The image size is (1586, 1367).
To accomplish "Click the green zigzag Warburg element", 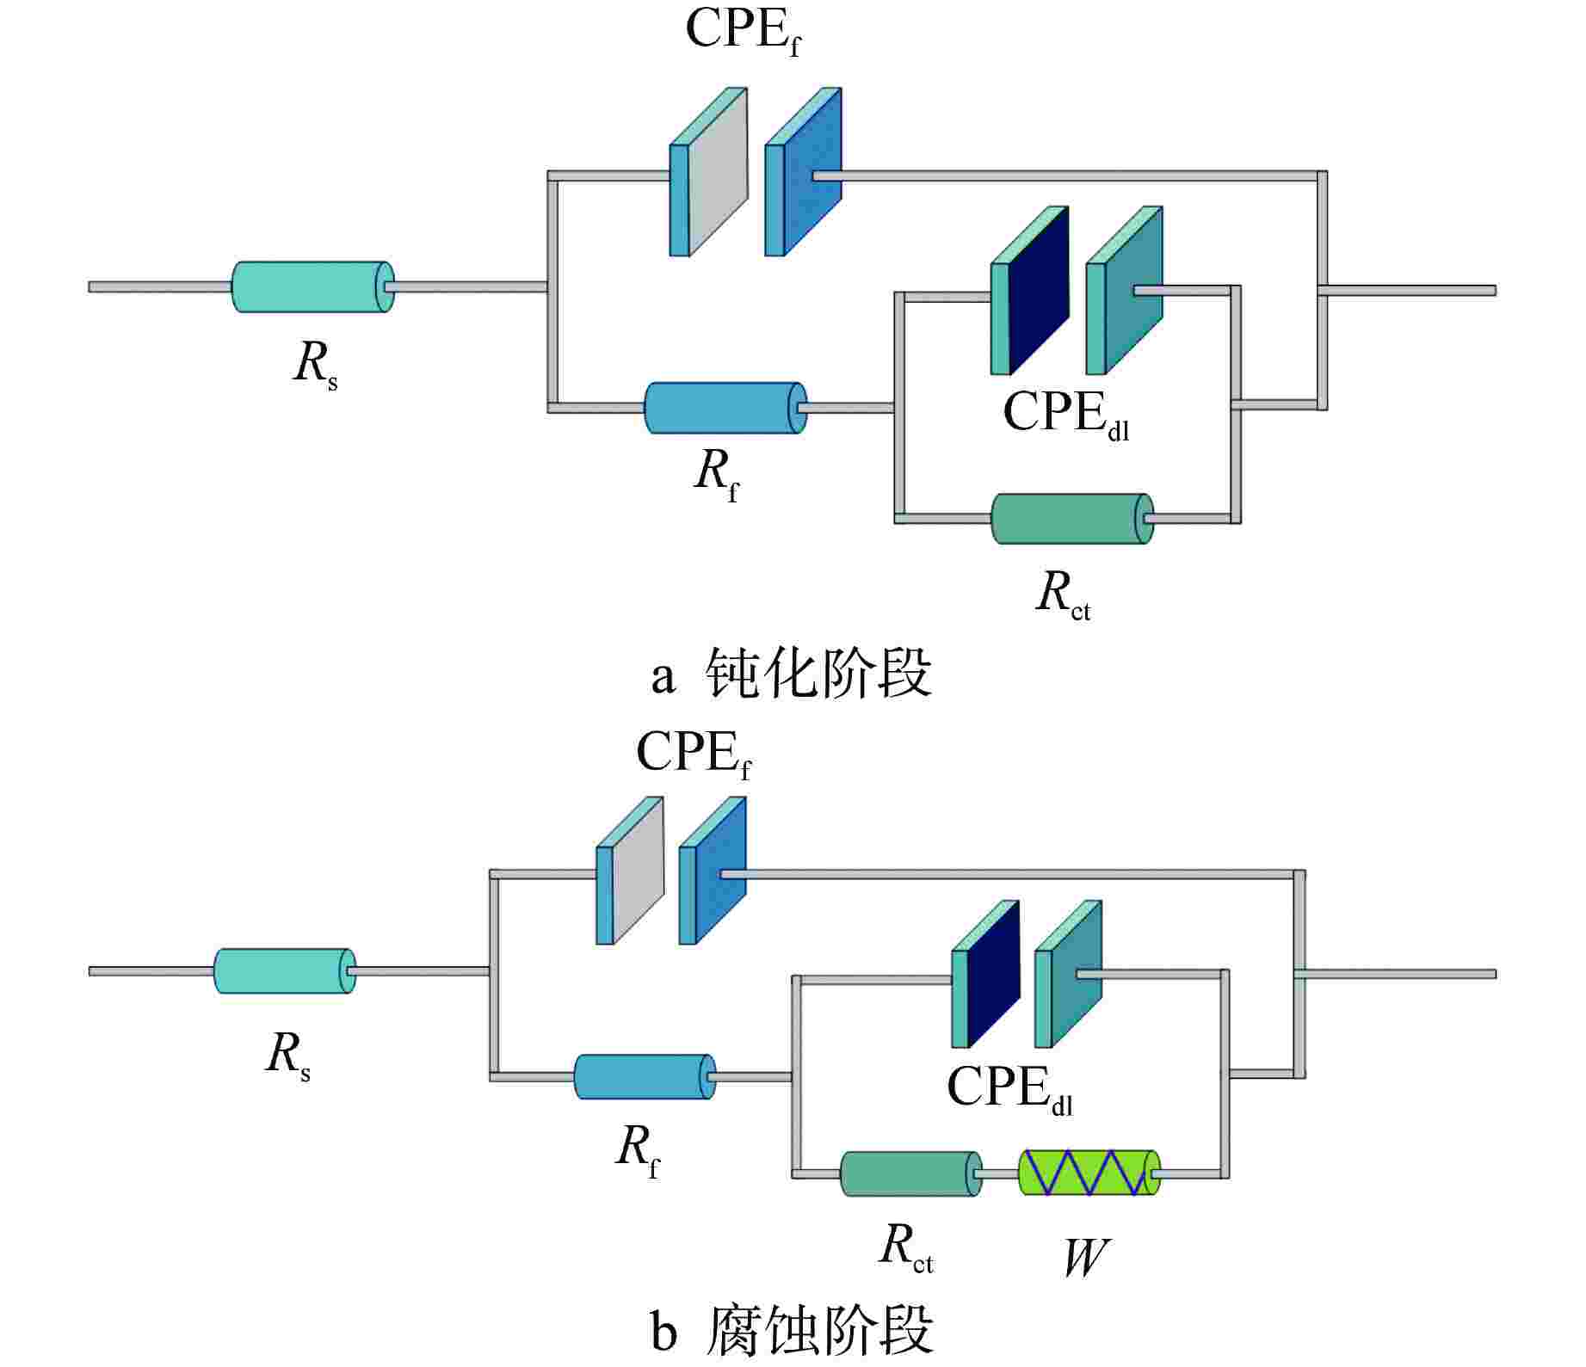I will coord(1089,1173).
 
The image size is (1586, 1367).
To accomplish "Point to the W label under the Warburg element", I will coord(1084,1258).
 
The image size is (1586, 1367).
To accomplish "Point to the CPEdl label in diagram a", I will coord(1065,414).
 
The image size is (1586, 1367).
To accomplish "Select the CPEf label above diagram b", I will coord(694,754).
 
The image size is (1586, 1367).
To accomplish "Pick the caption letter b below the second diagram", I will coord(663,1333).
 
